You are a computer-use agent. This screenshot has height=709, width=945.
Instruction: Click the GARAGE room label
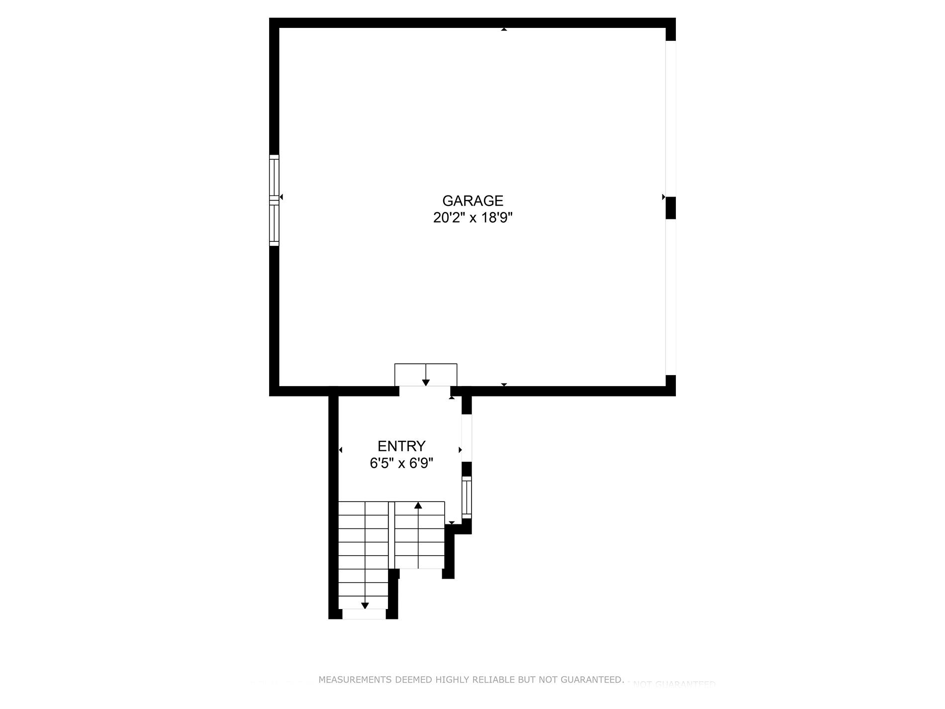point(472,201)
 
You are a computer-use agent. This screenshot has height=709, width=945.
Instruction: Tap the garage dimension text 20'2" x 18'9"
point(472,218)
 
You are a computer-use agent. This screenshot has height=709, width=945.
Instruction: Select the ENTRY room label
point(401,446)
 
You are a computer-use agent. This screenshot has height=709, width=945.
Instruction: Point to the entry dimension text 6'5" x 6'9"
point(401,464)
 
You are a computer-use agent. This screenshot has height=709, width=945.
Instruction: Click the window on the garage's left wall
point(274,200)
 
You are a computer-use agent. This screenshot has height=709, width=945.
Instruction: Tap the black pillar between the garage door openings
point(670,207)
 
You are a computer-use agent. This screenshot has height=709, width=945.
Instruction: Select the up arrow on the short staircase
point(418,506)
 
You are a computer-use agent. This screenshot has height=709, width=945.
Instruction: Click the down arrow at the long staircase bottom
point(365,606)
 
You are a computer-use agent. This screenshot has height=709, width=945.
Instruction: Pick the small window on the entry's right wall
point(467,497)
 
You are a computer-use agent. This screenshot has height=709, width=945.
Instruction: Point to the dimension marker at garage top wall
point(504,29)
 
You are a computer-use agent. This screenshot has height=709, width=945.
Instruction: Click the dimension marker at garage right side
point(663,197)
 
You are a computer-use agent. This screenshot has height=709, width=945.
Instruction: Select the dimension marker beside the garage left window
point(281,197)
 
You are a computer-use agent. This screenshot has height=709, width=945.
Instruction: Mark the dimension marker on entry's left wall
point(341,450)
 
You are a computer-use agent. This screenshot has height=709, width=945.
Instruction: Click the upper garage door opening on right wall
point(670,118)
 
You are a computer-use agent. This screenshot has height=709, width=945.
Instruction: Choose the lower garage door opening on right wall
point(670,297)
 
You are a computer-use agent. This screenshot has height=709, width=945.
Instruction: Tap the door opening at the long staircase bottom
point(364,614)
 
